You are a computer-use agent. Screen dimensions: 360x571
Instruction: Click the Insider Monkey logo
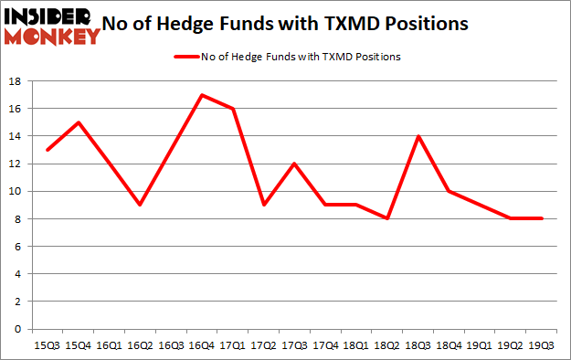51,25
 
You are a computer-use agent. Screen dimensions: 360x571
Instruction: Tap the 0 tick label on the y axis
18,329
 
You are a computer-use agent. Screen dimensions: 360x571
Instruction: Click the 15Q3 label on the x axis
48,344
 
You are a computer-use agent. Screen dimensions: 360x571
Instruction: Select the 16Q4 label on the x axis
201,344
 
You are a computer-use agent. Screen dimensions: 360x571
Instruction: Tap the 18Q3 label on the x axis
418,344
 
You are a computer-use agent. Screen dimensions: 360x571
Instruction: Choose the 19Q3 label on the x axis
541,344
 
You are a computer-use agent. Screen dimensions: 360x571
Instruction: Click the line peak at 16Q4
201,95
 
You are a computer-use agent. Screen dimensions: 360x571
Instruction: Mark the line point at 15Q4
79,122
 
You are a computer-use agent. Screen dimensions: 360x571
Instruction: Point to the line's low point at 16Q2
140,205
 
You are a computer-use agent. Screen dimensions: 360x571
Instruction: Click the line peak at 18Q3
418,136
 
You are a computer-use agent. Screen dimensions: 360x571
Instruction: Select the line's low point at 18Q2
386,218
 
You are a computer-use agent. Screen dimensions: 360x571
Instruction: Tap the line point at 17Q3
294,164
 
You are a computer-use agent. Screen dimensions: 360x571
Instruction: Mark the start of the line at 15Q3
48,150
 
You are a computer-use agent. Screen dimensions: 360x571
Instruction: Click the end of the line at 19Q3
541,218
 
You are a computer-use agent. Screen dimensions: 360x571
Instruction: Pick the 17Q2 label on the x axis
263,344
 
